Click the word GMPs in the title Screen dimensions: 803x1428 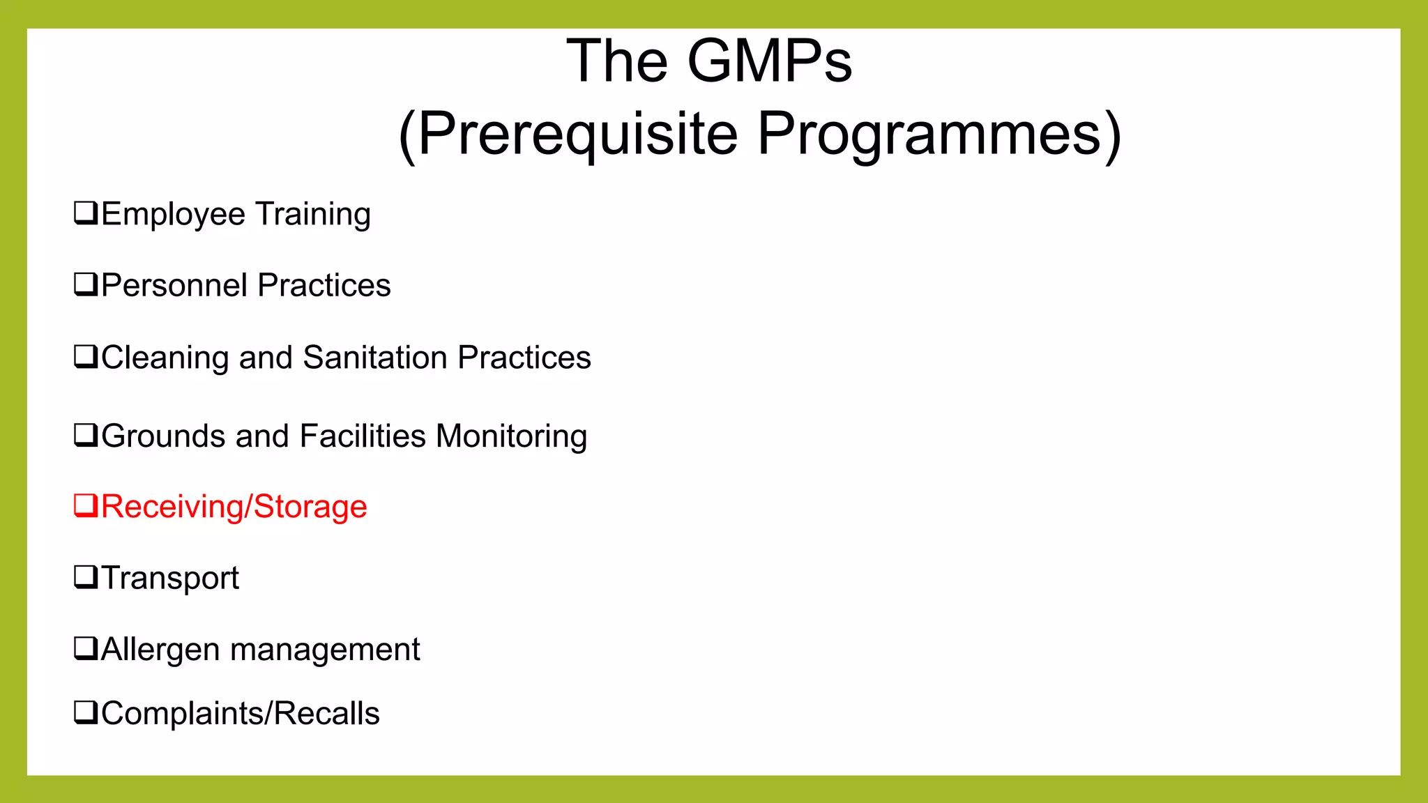click(770, 61)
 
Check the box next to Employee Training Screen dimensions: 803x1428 click(86, 213)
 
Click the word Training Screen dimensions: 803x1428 click(312, 214)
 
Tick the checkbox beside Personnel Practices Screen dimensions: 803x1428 click(86, 284)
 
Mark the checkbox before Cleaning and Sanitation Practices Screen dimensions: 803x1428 click(86, 356)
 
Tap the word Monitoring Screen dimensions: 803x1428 click(511, 437)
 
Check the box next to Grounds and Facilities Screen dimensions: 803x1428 click(86, 435)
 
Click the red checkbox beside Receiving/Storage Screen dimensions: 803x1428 click(86, 505)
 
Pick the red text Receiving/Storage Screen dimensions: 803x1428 click(234, 507)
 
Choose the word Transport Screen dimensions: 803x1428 click(170, 578)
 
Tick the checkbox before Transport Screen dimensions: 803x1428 click(86, 577)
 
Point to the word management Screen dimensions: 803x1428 click(325, 650)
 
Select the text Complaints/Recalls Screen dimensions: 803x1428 click(241, 714)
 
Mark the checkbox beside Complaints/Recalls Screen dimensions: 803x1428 click(86, 712)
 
